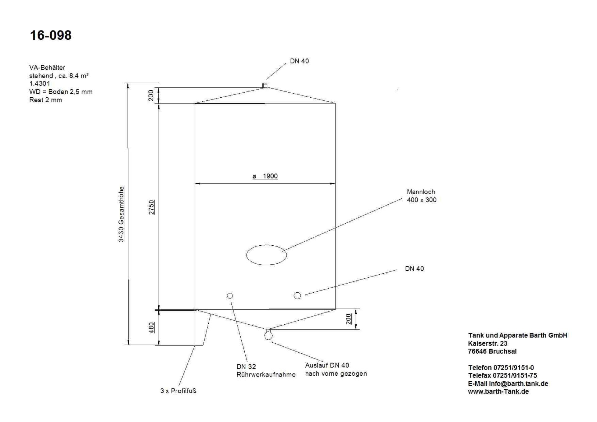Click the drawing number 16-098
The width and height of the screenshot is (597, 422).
(x=51, y=35)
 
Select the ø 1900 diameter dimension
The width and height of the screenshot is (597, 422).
(x=265, y=176)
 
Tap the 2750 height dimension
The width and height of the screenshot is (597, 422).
(x=151, y=207)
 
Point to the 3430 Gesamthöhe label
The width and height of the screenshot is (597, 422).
(x=121, y=214)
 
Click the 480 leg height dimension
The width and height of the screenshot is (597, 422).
(x=151, y=327)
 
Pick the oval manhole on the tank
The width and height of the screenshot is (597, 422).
(x=266, y=255)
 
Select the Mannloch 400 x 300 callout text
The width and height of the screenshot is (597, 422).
(x=421, y=196)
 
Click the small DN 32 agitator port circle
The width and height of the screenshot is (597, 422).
(x=230, y=296)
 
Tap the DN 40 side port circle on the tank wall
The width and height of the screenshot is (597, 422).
(x=297, y=295)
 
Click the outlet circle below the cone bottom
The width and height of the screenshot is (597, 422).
(x=268, y=336)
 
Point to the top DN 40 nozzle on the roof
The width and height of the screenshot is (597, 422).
(x=265, y=85)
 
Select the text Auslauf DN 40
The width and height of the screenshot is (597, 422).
(x=327, y=365)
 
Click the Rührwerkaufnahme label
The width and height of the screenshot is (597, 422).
(x=266, y=375)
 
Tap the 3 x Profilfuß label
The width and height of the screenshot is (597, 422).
(x=178, y=391)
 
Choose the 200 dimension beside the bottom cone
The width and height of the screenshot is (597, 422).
(x=348, y=319)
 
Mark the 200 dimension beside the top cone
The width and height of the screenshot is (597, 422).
(x=151, y=95)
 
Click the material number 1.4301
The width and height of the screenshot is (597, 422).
(x=39, y=83)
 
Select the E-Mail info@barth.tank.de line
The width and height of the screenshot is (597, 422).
(x=508, y=384)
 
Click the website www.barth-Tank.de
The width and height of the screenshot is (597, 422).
(x=498, y=392)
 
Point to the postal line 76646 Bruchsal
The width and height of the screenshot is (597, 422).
(x=492, y=351)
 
